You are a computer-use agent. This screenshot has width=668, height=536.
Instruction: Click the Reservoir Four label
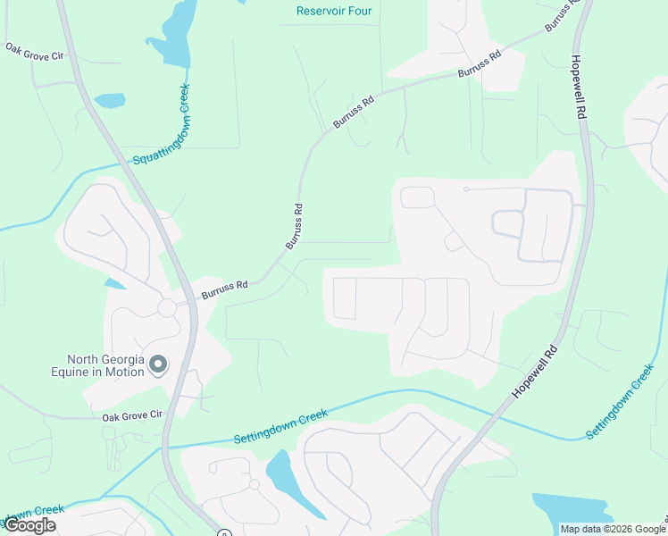(x=334, y=12)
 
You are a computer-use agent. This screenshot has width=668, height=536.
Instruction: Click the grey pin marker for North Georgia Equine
(x=158, y=364)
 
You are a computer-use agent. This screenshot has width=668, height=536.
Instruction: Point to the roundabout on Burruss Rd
(x=167, y=308)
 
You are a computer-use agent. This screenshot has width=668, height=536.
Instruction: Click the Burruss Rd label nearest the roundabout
(x=224, y=288)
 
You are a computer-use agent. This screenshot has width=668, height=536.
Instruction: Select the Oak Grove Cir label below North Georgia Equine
(x=132, y=415)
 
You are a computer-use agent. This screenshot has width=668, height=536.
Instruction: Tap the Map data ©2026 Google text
(x=614, y=529)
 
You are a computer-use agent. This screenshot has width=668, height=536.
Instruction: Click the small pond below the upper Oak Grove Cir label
(x=109, y=100)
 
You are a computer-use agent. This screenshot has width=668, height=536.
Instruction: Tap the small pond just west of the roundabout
(x=114, y=284)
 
